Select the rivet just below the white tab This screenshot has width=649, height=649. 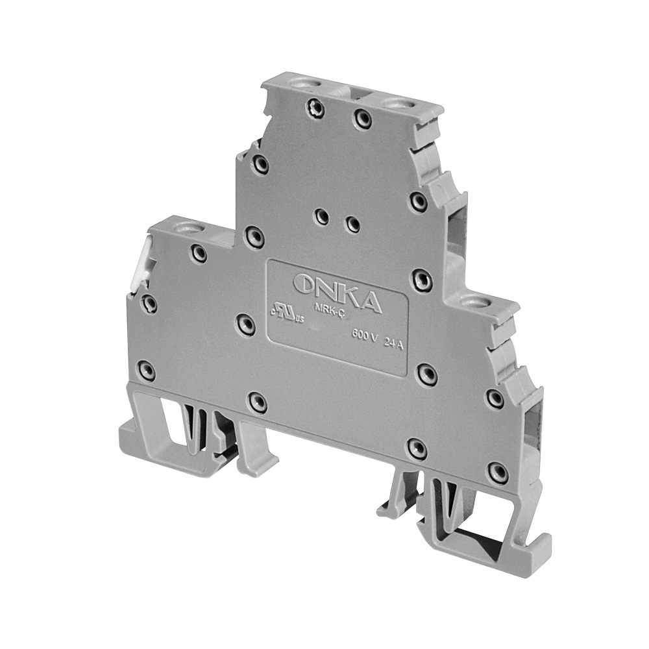149,301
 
